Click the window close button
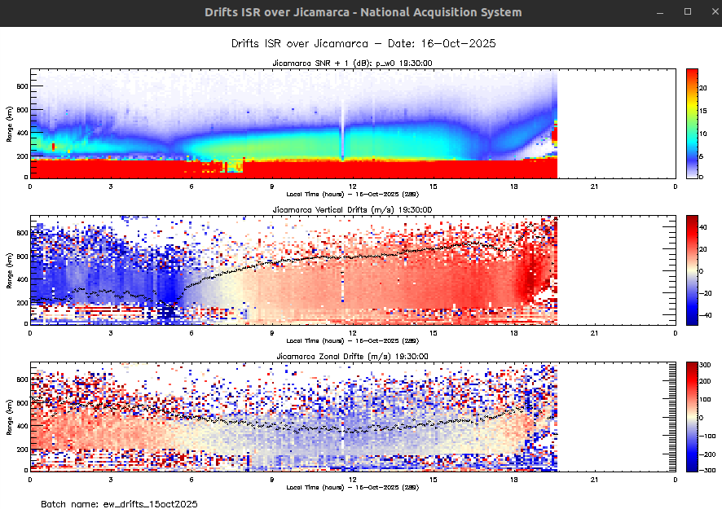(709, 12)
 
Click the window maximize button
(688, 12)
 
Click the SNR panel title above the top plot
(352, 63)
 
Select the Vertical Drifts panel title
(352, 210)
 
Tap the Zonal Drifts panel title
(352, 357)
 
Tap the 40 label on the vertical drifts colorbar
(707, 228)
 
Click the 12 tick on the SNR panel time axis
(353, 185)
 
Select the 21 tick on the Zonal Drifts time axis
(595, 479)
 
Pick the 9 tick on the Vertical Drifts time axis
(272, 331)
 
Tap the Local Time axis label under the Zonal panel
(352, 487)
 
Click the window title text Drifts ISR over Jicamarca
(363, 12)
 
